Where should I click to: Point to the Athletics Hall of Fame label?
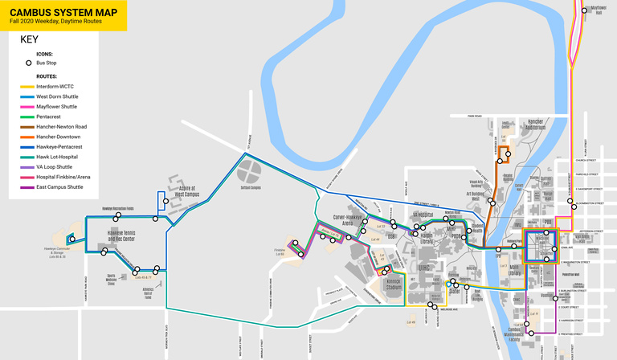(149, 292)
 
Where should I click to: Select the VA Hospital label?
(423, 215)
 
